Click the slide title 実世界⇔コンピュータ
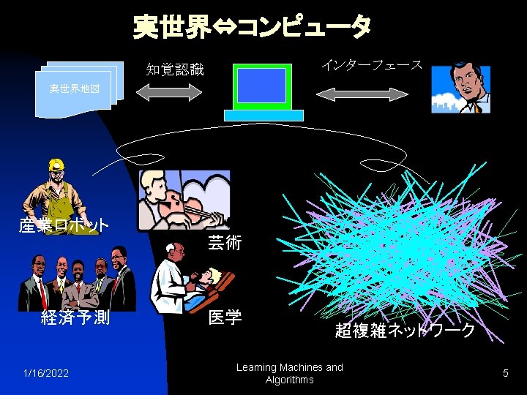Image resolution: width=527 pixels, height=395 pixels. click(x=252, y=27)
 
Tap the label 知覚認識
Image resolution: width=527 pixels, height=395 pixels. click(x=174, y=69)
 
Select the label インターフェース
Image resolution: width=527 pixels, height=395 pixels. click(x=372, y=65)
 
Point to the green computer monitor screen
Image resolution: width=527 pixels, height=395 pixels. click(x=261, y=86)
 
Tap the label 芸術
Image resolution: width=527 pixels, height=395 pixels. click(x=225, y=242)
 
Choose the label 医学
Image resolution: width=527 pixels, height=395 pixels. click(x=225, y=317)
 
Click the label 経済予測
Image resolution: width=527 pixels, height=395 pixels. click(x=75, y=317)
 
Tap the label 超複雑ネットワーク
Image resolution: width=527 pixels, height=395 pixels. click(x=405, y=330)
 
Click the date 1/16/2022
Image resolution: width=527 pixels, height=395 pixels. click(x=46, y=374)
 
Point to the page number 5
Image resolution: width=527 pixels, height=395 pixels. click(x=505, y=374)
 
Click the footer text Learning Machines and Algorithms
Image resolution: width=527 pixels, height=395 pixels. click(x=289, y=373)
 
